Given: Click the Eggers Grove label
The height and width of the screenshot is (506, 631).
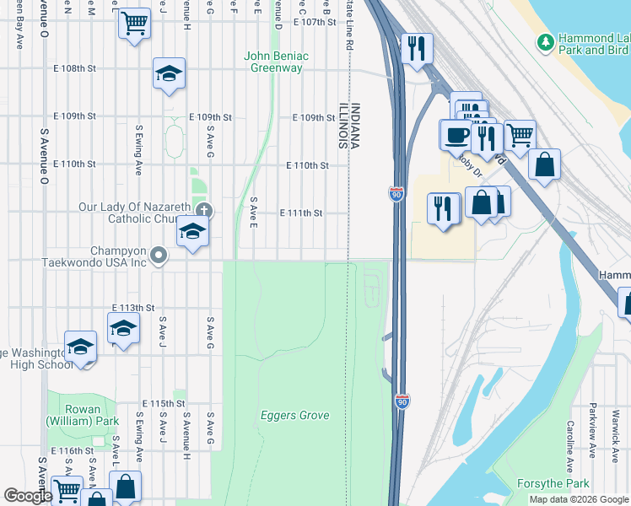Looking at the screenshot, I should (294, 415).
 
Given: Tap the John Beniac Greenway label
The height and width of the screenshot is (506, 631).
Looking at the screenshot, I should (276, 62).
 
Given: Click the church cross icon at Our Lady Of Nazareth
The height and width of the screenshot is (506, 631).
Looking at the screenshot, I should (202, 210).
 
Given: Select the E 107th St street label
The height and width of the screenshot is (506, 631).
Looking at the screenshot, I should (315, 22).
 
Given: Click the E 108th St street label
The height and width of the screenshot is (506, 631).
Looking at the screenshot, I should (75, 68).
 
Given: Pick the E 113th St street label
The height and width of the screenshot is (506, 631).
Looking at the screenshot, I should (133, 308).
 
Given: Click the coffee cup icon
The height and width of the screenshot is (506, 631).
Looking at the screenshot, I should (456, 134).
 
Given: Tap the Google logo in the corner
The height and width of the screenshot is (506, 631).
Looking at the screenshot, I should (28, 496).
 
